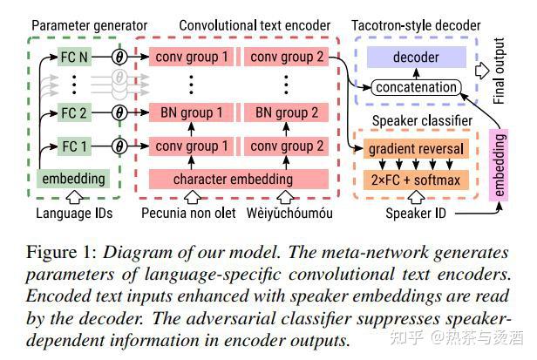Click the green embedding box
coord(73,180)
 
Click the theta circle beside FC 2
coord(119,112)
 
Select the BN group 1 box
coord(192,112)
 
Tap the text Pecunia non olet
coord(188,213)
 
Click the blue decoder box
coord(416,58)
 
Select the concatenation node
coord(416,87)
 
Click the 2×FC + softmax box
coord(416,180)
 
